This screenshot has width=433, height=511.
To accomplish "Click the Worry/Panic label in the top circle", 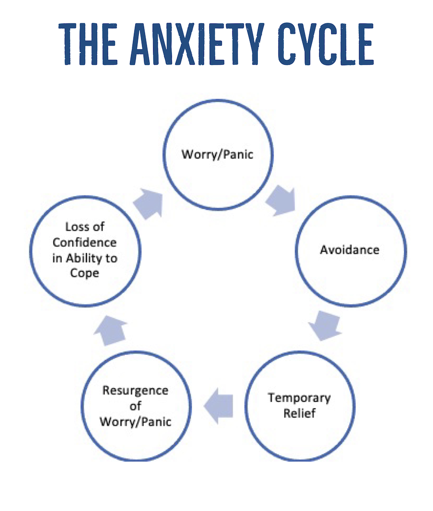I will [x=218, y=155].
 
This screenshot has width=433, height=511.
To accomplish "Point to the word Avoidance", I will [x=349, y=250].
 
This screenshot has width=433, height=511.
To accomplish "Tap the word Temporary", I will [x=300, y=398].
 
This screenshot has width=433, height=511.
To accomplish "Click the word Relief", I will [x=300, y=413].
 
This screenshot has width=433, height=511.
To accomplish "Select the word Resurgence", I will [x=135, y=390].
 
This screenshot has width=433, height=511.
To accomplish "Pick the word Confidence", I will [x=84, y=242].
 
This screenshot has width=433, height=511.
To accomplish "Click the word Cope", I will [x=84, y=273].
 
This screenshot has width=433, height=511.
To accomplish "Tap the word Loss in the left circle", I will [x=76, y=227].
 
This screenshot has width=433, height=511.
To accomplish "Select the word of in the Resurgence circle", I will [x=135, y=406].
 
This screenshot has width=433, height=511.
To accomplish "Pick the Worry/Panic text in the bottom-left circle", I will [x=135, y=421].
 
